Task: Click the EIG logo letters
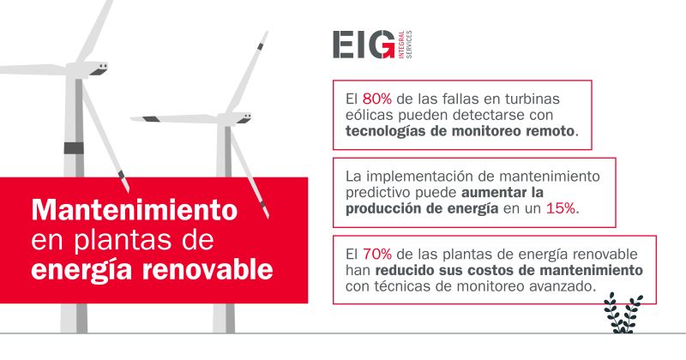pyautogui.click(x=363, y=45)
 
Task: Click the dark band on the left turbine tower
pyautogui.click(x=75, y=147)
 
